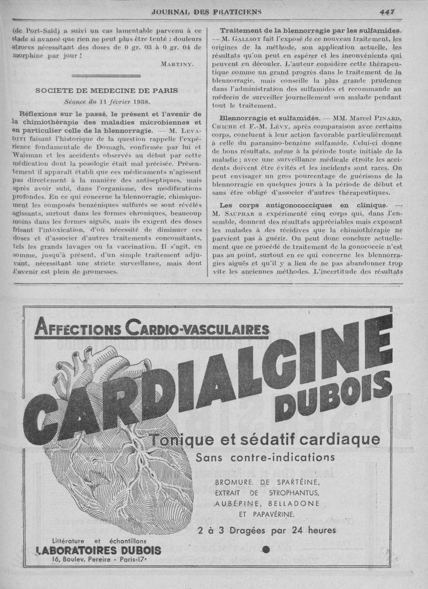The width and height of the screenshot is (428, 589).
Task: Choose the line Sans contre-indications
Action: (265, 457)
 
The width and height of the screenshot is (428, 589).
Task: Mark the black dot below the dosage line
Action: (266, 549)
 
